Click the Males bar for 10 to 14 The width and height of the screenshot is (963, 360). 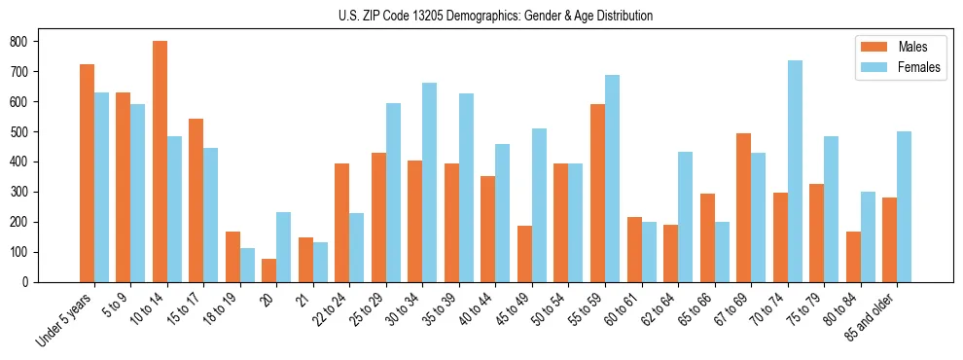160,162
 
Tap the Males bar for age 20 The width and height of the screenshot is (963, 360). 269,270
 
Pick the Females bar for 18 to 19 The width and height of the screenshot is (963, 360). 247,265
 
